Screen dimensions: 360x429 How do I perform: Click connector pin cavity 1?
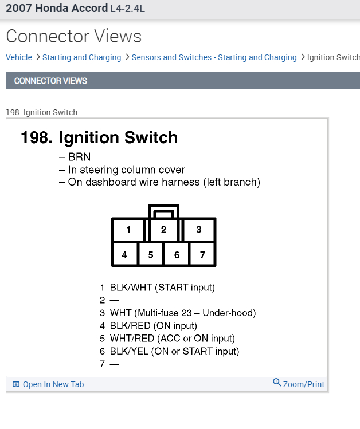click(128, 230)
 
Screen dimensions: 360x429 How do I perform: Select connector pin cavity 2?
click(163, 230)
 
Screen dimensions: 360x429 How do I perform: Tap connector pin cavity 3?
click(199, 230)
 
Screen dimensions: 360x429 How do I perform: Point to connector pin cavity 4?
click(124, 255)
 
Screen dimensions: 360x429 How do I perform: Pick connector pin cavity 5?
click(151, 255)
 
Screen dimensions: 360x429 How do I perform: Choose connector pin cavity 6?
click(177, 255)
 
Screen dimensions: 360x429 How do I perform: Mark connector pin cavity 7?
click(202, 255)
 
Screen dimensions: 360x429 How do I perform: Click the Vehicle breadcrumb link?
click(19, 57)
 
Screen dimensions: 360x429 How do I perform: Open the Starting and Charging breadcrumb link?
click(81, 57)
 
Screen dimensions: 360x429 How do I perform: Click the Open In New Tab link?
click(53, 384)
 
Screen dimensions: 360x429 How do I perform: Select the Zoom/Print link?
click(303, 384)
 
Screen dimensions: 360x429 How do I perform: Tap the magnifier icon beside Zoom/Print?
click(277, 383)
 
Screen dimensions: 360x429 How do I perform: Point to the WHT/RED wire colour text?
click(131, 339)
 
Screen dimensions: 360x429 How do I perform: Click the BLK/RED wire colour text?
click(130, 326)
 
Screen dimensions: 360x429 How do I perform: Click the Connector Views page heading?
click(73, 36)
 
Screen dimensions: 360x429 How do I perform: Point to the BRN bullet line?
click(79, 157)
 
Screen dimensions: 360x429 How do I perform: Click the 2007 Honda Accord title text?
click(56, 9)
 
